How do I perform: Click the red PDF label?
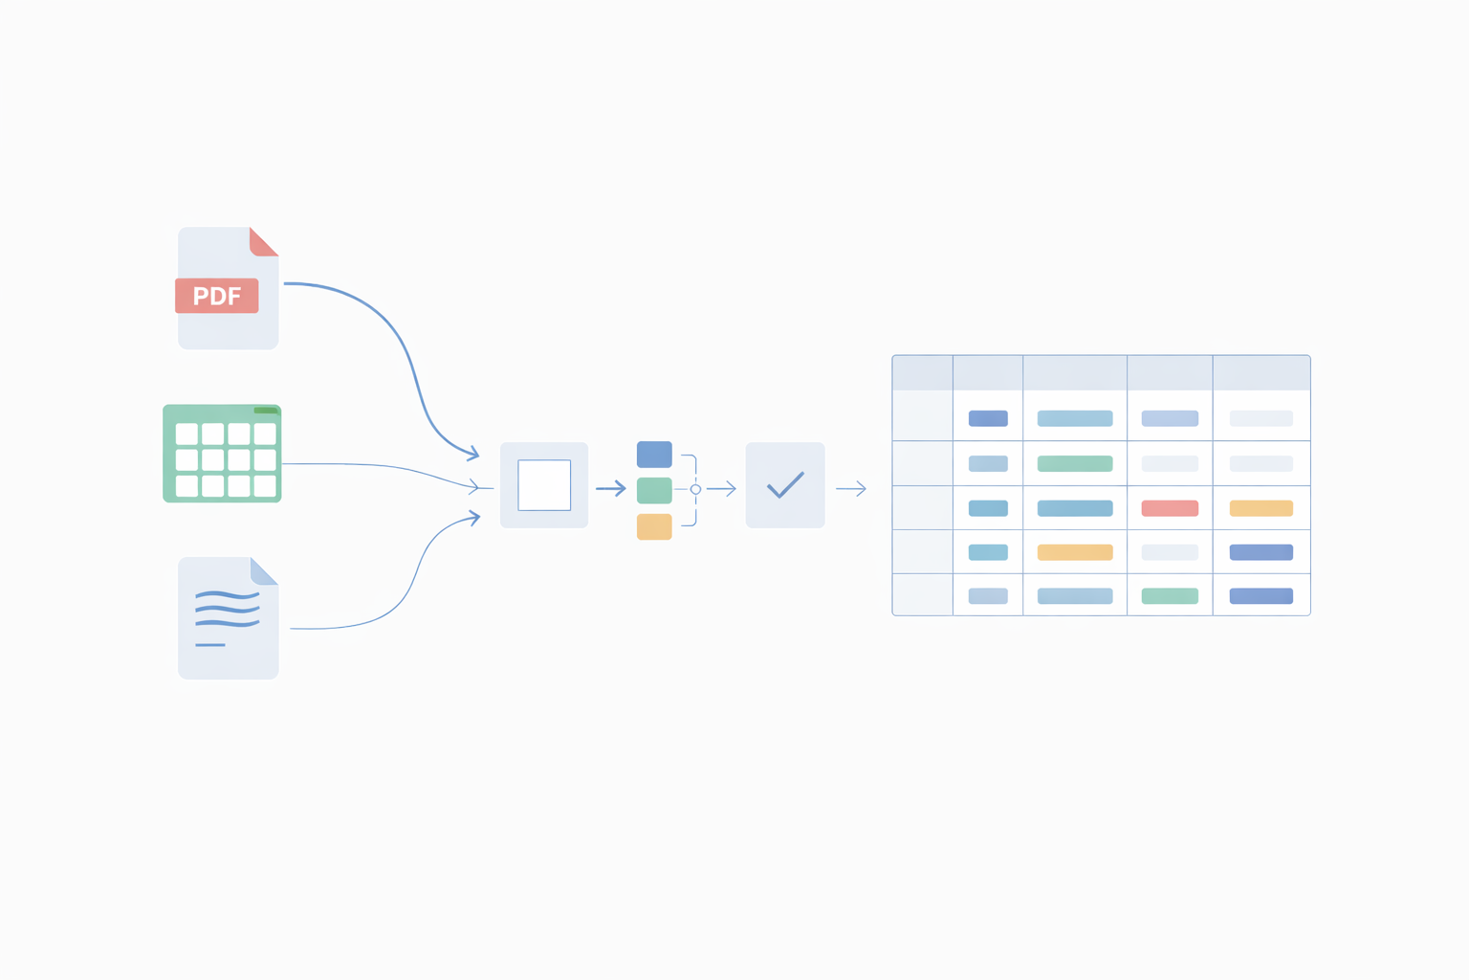217,296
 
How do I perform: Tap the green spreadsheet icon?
222,454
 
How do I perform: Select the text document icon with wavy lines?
228,618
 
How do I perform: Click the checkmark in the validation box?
785,485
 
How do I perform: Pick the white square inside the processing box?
544,485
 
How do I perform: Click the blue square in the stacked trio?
654,455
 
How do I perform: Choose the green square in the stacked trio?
654,490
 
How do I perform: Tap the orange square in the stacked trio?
654,526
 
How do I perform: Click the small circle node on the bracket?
695,489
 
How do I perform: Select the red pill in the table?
1170,508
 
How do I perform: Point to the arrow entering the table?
851,489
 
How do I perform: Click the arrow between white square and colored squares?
611,489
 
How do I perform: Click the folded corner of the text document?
262,572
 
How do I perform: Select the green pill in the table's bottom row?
1170,596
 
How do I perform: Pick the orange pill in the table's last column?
1261,508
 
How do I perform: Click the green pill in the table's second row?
1075,464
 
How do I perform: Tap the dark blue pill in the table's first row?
988,418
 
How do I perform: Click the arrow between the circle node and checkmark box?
722,489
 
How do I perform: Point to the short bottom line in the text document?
210,645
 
